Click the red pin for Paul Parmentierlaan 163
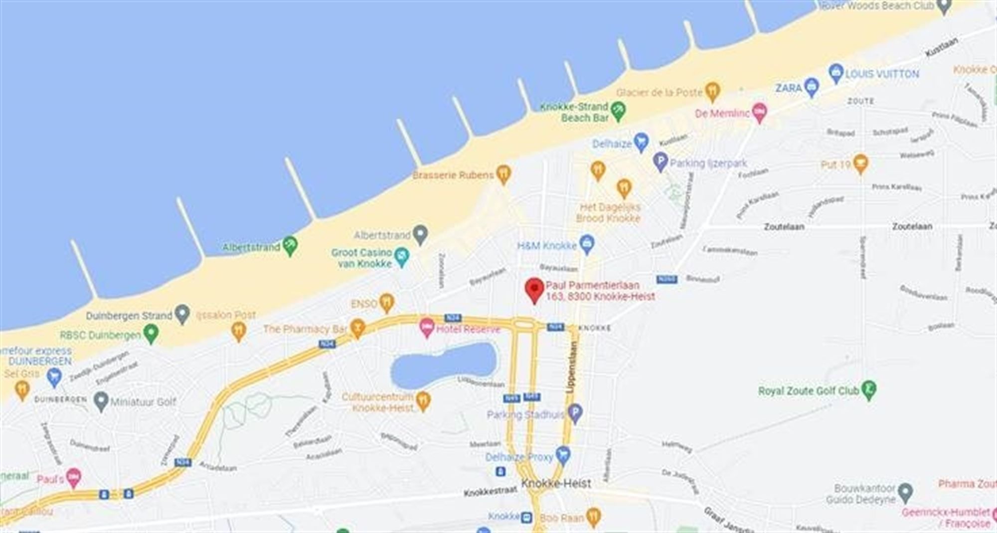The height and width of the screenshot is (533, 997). (x=534, y=289)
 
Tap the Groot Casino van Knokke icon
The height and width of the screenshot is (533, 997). (x=401, y=257)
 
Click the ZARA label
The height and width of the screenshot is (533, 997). (x=788, y=88)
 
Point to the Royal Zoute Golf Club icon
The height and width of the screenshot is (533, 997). (x=869, y=391)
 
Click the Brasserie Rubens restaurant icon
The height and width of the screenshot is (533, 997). (x=504, y=175)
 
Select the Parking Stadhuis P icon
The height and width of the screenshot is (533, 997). (x=575, y=413)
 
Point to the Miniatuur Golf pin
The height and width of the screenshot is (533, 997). (x=101, y=401)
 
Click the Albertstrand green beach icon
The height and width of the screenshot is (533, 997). (x=290, y=246)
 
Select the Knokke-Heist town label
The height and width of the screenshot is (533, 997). (x=556, y=483)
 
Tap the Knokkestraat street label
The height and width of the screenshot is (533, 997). (x=490, y=491)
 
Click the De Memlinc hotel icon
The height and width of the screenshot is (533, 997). (x=759, y=113)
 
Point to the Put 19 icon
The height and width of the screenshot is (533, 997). (x=860, y=164)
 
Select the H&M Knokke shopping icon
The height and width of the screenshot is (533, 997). (x=588, y=245)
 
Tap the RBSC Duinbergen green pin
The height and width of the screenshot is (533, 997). (x=151, y=334)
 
